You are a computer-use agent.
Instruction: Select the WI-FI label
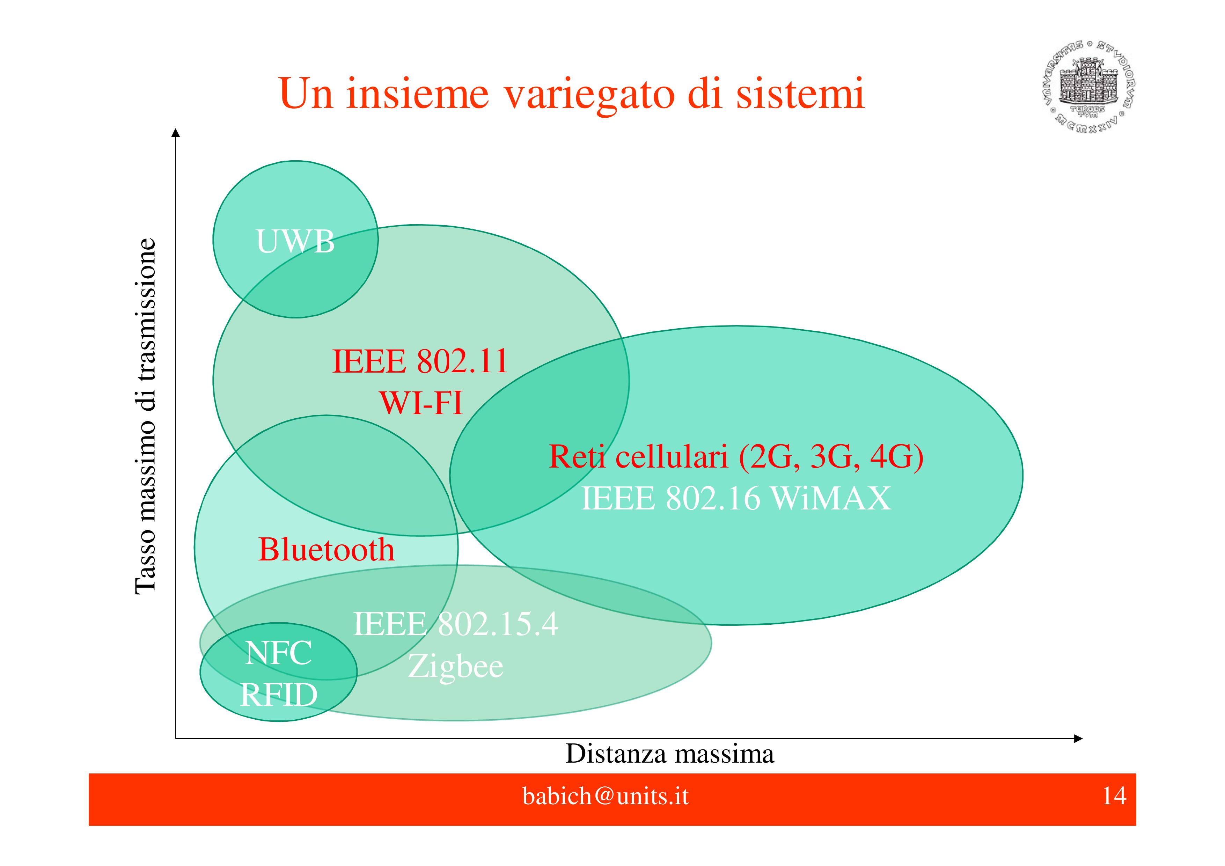pyautogui.click(x=420, y=403)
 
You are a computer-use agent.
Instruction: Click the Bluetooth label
pyautogui.click(x=326, y=550)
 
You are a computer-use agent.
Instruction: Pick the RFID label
pyautogui.click(x=279, y=695)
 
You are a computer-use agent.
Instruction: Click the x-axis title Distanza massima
pyautogui.click(x=669, y=754)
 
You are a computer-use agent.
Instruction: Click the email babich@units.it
pyautogui.click(x=605, y=796)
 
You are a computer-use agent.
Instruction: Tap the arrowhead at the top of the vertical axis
pyautogui.click(x=176, y=133)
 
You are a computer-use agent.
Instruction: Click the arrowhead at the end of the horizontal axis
pyautogui.click(x=1078, y=739)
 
